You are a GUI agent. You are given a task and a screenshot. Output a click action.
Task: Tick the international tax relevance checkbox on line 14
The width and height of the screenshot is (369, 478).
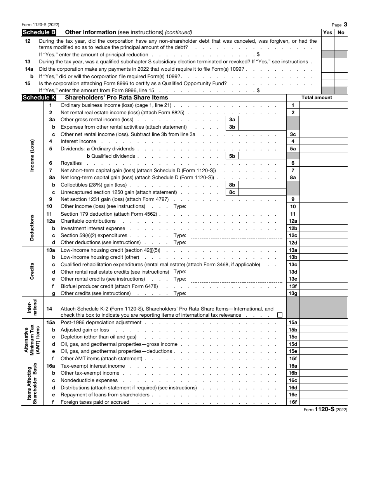tap(280, 315)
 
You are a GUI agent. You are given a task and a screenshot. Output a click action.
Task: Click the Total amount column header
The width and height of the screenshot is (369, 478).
tap(317, 98)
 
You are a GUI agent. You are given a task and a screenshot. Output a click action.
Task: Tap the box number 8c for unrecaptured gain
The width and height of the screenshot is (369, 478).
tap(232, 192)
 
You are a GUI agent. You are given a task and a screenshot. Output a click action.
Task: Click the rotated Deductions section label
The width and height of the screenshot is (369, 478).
tap(32, 228)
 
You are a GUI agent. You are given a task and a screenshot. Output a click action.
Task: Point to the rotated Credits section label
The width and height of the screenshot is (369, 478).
tap(32, 272)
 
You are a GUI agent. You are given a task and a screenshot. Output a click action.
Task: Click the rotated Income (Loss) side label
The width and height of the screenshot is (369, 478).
tap(32, 156)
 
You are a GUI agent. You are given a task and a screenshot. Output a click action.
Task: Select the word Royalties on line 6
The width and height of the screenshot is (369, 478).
tap(71, 163)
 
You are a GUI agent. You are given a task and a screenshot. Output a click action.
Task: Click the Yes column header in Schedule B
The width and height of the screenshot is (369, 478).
tap(327, 32)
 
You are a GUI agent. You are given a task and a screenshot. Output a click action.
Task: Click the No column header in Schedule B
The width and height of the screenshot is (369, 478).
tap(341, 32)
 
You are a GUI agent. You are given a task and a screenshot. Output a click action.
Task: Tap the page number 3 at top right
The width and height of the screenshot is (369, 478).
tap(345, 24)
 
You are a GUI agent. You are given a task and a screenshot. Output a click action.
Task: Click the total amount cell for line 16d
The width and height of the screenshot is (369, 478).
tap(323, 387)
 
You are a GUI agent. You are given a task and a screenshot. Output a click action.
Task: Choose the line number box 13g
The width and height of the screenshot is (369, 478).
tap(293, 293)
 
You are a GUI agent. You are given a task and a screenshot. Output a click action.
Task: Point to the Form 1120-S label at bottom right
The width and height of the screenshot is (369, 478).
tap(325, 410)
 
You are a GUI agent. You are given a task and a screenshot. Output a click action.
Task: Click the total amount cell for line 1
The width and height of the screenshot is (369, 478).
tap(323, 105)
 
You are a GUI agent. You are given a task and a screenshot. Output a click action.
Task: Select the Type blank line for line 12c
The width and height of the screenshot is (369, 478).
tap(236, 236)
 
